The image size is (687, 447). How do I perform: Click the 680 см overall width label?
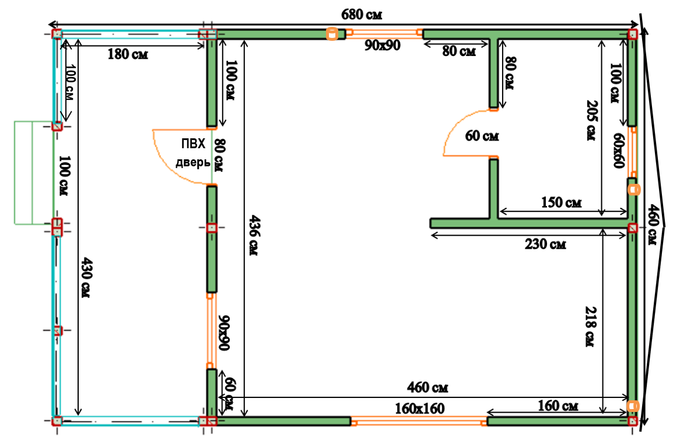coord(362,15)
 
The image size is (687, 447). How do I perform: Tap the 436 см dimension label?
coord(254,235)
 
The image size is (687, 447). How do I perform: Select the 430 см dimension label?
coord(86,277)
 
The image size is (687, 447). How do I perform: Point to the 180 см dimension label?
coord(128,54)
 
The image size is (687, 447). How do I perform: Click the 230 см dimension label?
coord(545,244)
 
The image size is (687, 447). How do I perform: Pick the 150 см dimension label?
coord(561,202)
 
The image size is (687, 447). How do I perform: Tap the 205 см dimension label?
coord(592,120)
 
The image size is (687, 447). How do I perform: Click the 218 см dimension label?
coord(591,326)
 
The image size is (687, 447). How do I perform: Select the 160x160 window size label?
coord(420,408)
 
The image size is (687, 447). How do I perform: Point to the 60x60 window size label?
coord(619,151)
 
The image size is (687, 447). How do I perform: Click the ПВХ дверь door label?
coord(193,153)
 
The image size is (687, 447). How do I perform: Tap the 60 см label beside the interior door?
coord(482,136)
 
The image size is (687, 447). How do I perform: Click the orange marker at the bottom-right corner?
coord(633,406)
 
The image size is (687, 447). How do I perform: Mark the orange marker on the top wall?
coord(332,33)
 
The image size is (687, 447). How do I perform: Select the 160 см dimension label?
coord(558,406)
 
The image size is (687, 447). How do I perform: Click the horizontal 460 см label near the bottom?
coord(427,387)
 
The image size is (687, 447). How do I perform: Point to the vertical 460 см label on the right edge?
coord(653,225)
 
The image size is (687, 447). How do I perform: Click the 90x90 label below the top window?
coord(383,45)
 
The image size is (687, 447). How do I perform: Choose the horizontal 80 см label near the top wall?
coord(459,51)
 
